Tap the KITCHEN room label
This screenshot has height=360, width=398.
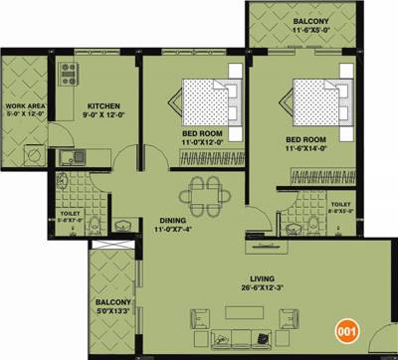103,105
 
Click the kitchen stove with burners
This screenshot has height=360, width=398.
70,74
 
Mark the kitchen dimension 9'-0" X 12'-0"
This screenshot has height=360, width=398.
103,116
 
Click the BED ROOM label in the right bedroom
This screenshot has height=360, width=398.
307,139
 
